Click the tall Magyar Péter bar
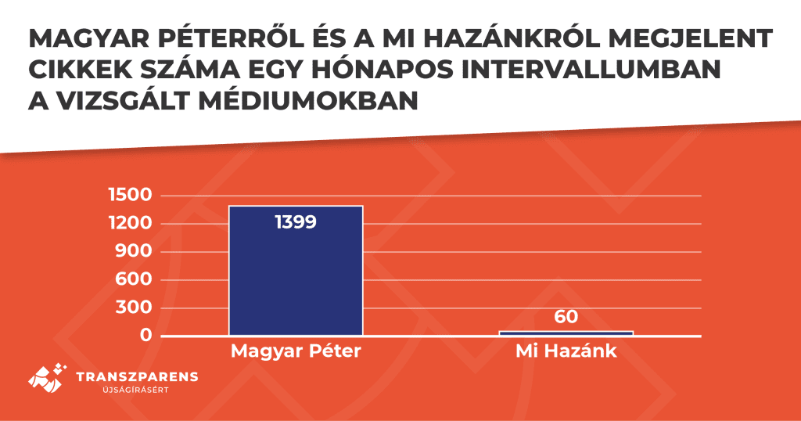[296, 271]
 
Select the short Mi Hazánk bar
[566, 333]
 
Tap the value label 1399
[296, 222]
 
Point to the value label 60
[566, 317]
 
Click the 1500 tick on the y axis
[131, 195]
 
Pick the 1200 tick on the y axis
[131, 223]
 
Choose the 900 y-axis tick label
[133, 251]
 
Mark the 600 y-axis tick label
[133, 279]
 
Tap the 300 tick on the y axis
[133, 307]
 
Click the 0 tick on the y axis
[146, 335]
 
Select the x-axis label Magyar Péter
[296, 352]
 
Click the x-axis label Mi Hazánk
[566, 351]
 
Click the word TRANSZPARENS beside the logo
[137, 377]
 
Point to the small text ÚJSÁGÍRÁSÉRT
[136, 390]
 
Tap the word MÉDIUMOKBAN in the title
[308, 100]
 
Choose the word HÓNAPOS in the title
[382, 69]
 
